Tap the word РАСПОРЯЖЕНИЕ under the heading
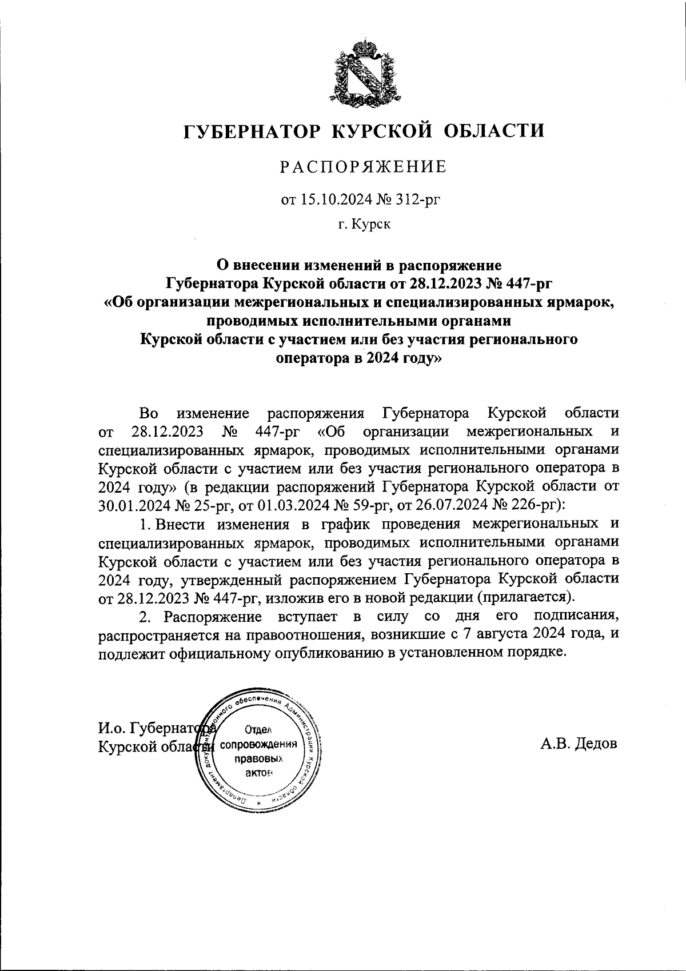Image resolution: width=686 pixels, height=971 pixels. pyautogui.click(x=362, y=167)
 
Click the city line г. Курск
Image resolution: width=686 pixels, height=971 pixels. pyautogui.click(x=364, y=225)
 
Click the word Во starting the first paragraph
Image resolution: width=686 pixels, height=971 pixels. pyautogui.click(x=148, y=413)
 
